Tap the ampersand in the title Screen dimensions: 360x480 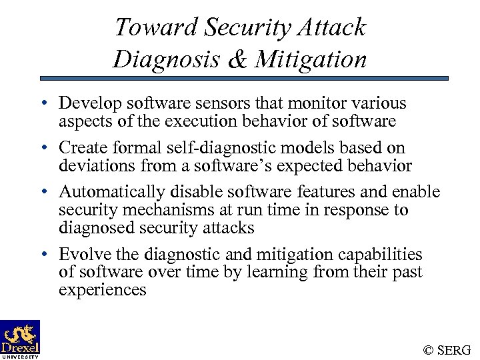[237, 60]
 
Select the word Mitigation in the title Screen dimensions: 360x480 [311, 60]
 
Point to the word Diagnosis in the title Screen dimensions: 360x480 [167, 60]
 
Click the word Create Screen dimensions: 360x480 [81, 147]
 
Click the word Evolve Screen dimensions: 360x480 [80, 255]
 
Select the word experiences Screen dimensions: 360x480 [102, 290]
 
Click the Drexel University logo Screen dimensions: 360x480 [20, 339]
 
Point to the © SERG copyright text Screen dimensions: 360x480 [447, 349]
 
